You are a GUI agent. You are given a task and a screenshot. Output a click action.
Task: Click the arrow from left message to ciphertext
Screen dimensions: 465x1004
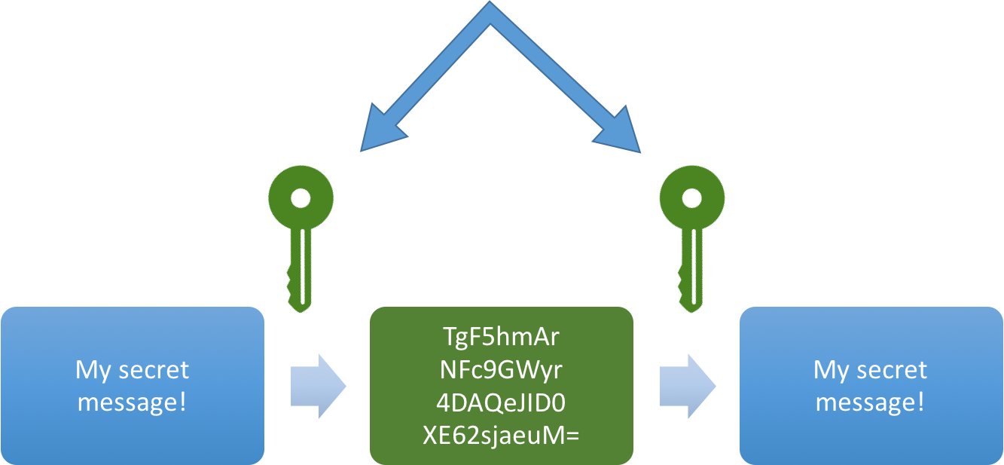click(x=317, y=386)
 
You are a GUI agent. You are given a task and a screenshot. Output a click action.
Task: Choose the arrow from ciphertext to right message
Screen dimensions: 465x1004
click(x=687, y=386)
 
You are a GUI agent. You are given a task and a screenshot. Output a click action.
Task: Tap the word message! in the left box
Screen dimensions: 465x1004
click(x=132, y=402)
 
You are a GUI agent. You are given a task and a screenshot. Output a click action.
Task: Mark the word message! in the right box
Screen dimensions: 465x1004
click(x=870, y=402)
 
